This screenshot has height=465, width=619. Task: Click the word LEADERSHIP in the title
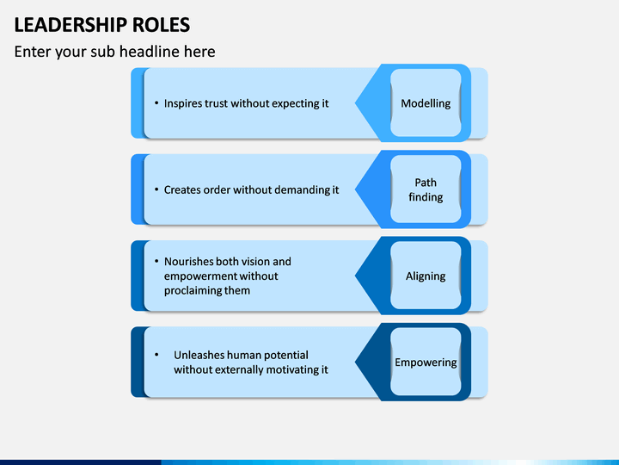[72, 24]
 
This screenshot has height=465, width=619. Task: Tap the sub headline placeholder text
[114, 52]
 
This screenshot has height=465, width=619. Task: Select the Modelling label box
[426, 103]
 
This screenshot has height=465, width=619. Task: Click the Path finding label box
[426, 189]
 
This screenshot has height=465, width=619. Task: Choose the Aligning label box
[426, 276]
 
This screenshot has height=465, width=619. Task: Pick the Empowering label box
[426, 363]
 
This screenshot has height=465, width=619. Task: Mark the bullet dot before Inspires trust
[156, 103]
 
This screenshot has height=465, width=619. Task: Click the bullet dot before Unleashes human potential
[156, 355]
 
